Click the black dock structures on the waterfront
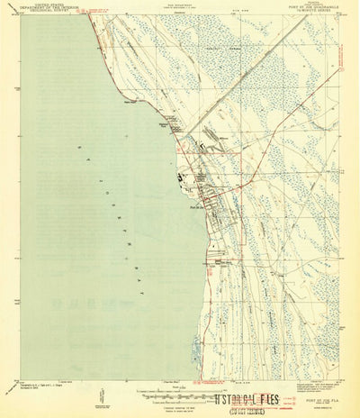click(183, 177)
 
